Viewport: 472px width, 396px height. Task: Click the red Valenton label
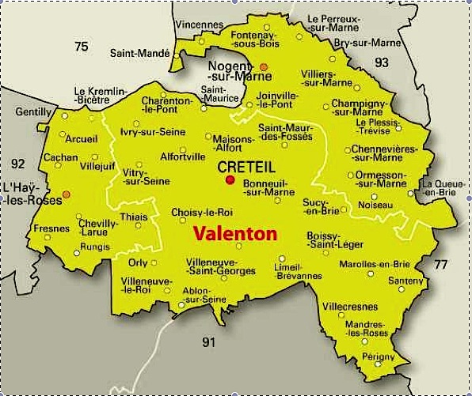tap(235, 234)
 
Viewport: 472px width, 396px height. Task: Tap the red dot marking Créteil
tap(230, 179)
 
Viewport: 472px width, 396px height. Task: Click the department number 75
tap(81, 47)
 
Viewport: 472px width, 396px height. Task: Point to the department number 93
tap(382, 62)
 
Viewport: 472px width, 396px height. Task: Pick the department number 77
tap(441, 265)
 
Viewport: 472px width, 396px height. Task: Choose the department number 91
tap(208, 342)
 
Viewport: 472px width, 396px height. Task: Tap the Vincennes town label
tap(199, 25)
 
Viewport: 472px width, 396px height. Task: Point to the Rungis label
tap(95, 246)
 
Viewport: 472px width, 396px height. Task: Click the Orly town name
tap(138, 262)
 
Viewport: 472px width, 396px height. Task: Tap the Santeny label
tap(406, 280)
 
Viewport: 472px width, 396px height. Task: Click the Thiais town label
tap(133, 217)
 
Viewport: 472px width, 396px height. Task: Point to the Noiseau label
tap(375, 204)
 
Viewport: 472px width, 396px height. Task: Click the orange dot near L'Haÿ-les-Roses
tap(67, 194)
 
